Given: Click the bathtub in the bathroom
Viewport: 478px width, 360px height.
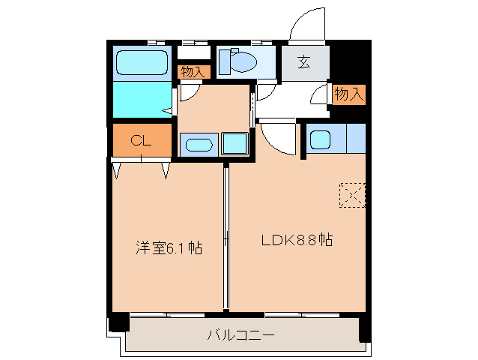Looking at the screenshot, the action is tap(142, 62).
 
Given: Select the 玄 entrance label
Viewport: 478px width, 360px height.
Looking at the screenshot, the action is tap(303, 62).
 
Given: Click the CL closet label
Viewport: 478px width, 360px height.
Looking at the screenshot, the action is tap(141, 140).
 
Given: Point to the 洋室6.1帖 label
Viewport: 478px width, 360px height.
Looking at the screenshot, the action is tap(169, 247).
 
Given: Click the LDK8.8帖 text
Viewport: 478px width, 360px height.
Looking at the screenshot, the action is tap(297, 240).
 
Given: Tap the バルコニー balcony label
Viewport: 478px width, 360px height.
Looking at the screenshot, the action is tap(241, 335).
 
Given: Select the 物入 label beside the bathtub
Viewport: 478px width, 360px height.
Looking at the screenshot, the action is tap(193, 72).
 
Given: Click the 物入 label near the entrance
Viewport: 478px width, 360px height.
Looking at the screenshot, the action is tap(348, 94).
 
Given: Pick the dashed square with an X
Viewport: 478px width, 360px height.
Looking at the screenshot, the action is tap(352, 195).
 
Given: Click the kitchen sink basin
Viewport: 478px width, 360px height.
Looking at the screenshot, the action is tap(320, 139).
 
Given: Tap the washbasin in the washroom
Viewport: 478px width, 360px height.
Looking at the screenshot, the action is tap(199, 145).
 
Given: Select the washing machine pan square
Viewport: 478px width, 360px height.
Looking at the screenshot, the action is tap(235, 143).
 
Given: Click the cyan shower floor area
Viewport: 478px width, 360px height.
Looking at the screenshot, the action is tap(142, 99).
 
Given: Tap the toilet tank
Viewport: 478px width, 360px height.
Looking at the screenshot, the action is tap(225, 62).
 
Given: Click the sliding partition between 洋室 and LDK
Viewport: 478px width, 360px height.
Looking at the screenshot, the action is tap(226, 238).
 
